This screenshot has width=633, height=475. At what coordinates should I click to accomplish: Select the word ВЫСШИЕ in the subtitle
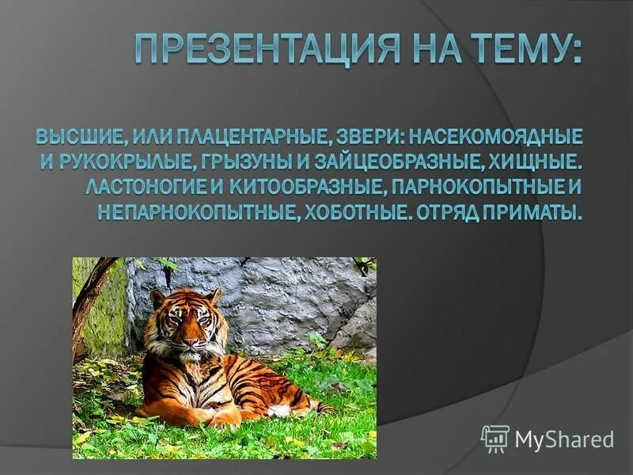tap(77, 137)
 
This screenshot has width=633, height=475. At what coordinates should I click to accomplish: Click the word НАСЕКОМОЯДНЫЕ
tap(496, 137)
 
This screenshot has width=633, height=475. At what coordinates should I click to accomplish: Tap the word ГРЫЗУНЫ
tap(262, 163)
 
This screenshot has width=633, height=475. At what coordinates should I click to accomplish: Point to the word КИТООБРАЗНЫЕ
tap(317, 188)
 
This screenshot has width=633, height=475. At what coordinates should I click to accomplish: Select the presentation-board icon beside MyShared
tap(495, 438)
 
